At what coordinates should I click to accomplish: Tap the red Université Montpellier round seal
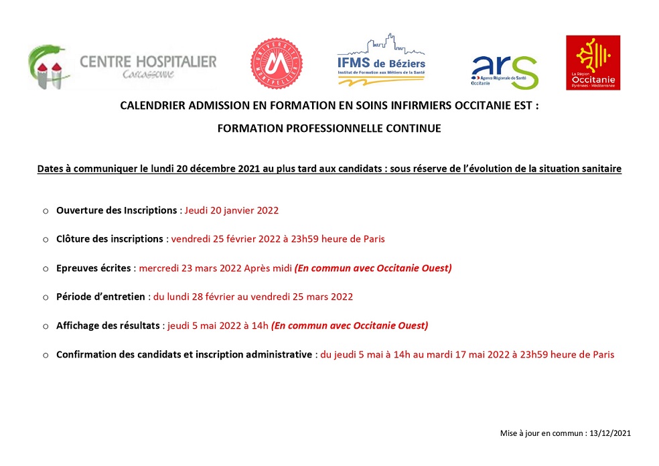[x=276, y=64]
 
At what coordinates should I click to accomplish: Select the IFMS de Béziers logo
[x=381, y=60]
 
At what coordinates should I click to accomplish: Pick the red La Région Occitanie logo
[x=593, y=62]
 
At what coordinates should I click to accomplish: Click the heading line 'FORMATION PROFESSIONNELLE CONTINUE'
[x=329, y=129]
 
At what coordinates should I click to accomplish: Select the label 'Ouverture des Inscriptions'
[x=117, y=210]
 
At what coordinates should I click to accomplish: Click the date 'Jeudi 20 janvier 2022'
[x=232, y=210]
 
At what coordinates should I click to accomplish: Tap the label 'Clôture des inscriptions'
[x=110, y=239]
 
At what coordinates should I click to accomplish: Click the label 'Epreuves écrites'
[x=94, y=268]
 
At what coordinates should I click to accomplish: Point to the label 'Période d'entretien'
[x=100, y=297]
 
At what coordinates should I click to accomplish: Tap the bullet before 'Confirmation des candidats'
[x=46, y=355]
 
